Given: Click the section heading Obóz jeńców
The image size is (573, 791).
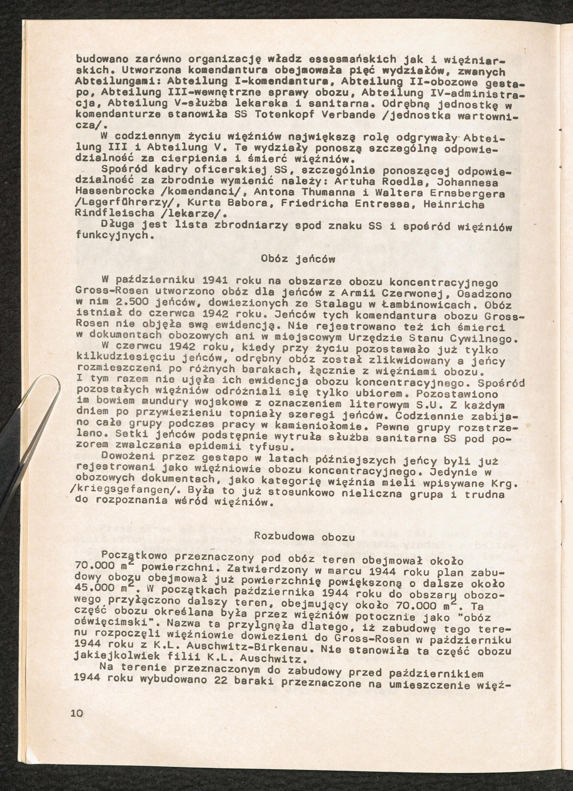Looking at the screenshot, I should point(298,259).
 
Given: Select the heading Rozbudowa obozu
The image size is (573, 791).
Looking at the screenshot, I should point(305,536).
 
